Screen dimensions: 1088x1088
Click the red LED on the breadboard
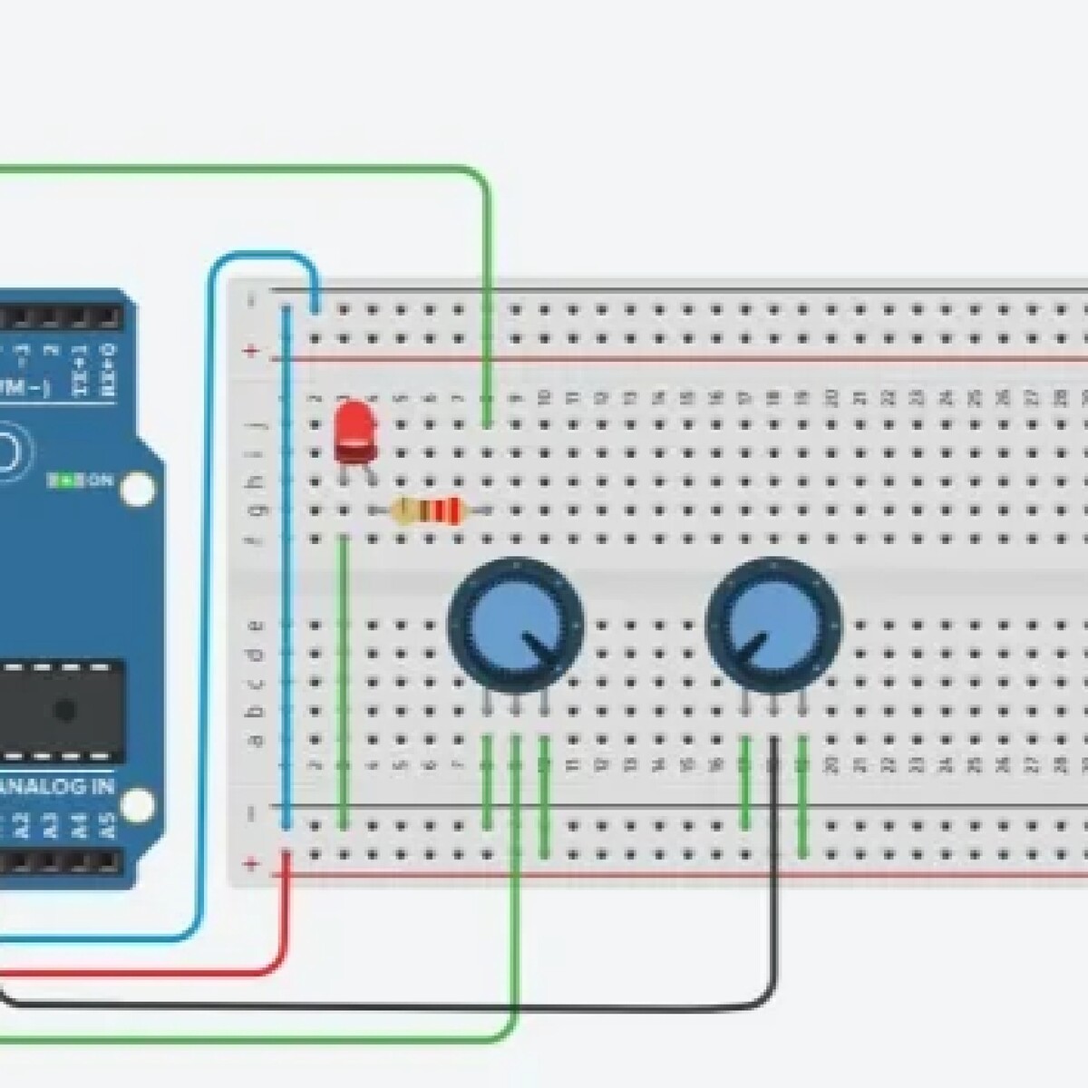(355, 432)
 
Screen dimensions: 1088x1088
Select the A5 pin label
(107, 827)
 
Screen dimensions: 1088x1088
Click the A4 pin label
(82, 827)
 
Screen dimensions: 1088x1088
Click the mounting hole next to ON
(138, 490)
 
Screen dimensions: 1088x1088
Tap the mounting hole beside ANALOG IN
(138, 803)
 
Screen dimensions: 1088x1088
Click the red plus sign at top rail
(252, 352)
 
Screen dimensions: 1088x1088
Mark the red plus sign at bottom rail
(252, 864)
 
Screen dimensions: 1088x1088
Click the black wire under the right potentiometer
(776, 907)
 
